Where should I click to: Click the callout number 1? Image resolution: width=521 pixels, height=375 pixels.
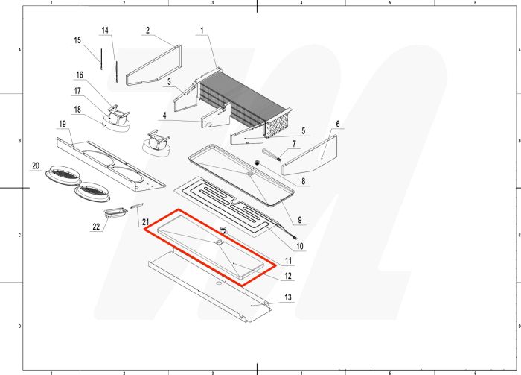202,31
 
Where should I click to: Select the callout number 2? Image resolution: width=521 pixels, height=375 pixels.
147,31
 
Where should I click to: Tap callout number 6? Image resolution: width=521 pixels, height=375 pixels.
338,124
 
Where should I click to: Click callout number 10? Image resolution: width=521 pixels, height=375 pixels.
300,246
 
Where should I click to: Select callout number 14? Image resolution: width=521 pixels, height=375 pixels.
105,31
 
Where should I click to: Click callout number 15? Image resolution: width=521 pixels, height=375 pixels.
77,40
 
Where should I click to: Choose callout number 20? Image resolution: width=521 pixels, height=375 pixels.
36,165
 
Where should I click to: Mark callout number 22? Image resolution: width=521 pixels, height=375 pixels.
96,227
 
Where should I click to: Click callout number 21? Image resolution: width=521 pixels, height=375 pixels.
146,221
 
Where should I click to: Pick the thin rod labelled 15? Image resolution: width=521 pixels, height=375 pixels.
98,58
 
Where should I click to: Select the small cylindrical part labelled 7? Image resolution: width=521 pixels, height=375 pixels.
272,157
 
